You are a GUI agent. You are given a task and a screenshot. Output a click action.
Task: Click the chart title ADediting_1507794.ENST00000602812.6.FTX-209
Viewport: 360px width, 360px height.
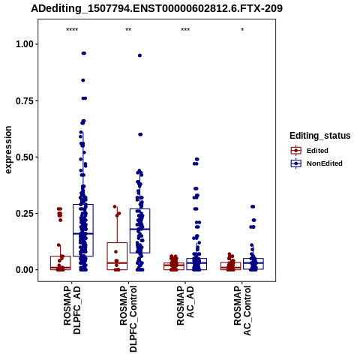click(x=157, y=8)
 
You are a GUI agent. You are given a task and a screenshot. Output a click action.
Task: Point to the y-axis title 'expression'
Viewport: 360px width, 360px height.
click(x=8, y=150)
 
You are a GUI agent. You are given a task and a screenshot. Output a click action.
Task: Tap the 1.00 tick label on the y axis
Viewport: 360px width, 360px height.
click(x=25, y=44)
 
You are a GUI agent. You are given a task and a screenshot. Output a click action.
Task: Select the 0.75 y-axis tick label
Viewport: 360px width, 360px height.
click(x=25, y=100)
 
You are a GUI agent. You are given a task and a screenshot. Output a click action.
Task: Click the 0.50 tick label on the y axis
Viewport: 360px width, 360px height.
click(x=25, y=157)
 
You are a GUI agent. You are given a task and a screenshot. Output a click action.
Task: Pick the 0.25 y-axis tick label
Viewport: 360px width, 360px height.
click(x=25, y=214)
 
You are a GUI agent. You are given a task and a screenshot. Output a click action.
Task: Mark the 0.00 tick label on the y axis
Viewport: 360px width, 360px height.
click(x=25, y=270)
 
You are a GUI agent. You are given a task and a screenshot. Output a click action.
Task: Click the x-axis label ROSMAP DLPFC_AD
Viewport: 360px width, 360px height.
click(x=72, y=310)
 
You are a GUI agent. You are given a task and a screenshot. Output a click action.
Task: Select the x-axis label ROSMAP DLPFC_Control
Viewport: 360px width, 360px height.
click(x=128, y=319)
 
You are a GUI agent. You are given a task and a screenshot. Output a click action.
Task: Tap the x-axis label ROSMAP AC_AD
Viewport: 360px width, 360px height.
click(x=185, y=305)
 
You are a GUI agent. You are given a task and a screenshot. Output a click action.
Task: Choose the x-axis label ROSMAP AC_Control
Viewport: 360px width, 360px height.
click(x=242, y=310)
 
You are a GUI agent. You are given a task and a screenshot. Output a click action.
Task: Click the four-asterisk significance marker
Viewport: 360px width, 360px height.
click(x=72, y=30)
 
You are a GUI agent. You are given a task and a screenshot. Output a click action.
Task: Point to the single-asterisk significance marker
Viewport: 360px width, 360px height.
click(x=242, y=30)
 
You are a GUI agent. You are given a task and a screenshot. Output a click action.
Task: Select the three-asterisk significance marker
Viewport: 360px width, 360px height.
click(x=185, y=30)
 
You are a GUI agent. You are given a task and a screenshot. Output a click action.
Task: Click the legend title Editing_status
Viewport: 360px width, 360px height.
click(x=320, y=136)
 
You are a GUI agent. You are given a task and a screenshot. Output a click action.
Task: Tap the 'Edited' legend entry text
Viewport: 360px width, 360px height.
click(x=317, y=151)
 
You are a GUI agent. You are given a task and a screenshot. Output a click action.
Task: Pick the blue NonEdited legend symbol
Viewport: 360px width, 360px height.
click(x=296, y=163)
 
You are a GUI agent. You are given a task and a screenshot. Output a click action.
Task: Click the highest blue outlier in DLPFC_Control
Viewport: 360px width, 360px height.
click(x=139, y=55)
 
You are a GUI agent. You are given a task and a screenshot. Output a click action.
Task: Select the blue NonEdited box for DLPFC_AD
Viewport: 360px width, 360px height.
click(x=83, y=230)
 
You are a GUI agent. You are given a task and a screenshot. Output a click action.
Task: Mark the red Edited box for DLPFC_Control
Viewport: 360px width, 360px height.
click(x=117, y=256)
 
